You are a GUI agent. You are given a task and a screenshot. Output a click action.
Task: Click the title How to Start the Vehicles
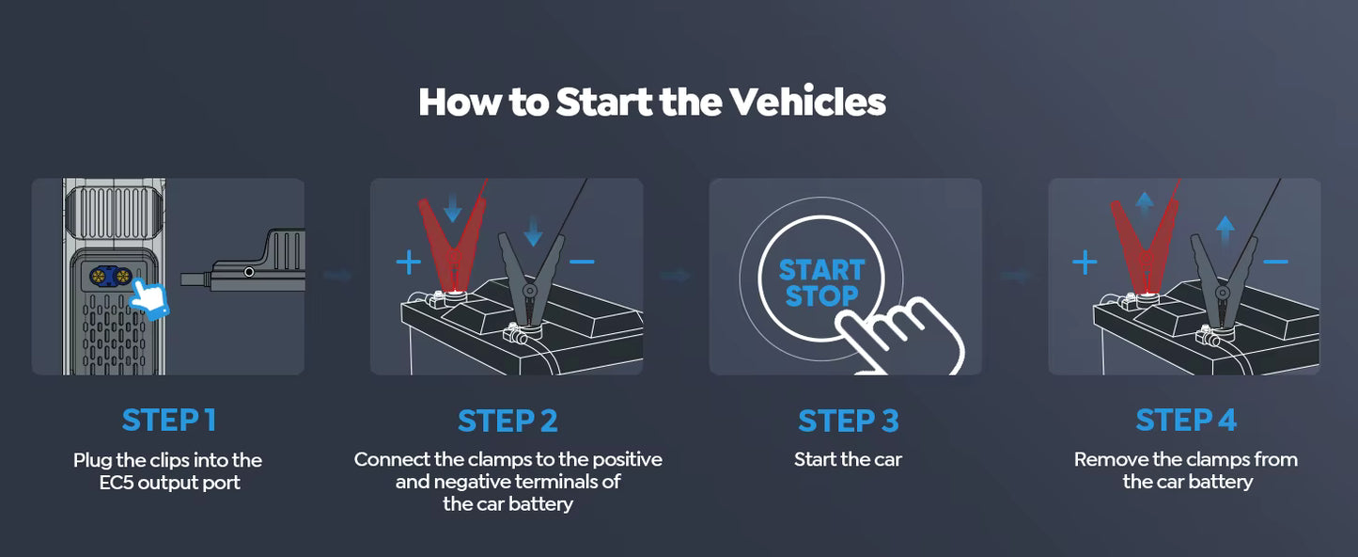tap(651, 102)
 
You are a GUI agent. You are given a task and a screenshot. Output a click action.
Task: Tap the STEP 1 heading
tap(169, 421)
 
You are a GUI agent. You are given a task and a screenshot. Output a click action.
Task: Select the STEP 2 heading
tap(507, 421)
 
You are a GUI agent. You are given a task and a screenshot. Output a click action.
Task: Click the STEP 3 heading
tap(848, 421)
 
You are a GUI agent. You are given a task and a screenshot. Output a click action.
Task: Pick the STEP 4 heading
tap(1186, 421)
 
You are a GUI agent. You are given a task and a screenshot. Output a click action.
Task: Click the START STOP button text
tap(820, 283)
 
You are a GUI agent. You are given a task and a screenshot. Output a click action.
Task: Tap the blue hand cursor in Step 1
tap(148, 295)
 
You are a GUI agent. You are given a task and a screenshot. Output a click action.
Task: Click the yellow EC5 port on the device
tap(110, 277)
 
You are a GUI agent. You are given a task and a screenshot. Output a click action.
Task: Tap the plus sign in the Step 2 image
tap(408, 263)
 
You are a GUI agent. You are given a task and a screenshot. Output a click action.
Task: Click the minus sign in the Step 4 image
tap(1275, 263)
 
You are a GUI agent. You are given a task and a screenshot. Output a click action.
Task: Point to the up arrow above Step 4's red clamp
tap(1144, 199)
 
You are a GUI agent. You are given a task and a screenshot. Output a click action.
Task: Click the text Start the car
tap(848, 460)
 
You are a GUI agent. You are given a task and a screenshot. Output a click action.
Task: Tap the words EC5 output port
tap(168, 484)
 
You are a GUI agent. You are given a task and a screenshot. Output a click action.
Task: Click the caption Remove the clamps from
tap(1186, 460)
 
